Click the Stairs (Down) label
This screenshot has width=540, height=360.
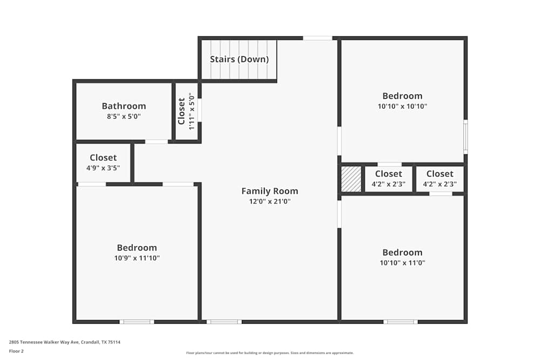tap(239, 59)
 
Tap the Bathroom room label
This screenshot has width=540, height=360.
tap(124, 106)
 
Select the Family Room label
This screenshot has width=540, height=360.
tap(269, 191)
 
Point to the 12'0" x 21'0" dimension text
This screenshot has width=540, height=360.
tap(269, 202)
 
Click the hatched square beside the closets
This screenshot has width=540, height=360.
tap(351, 179)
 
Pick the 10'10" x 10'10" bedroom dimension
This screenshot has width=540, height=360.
tap(402, 107)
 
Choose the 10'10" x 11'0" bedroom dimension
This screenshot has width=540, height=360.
tap(402, 263)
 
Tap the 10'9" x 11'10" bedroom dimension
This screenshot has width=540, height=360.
tap(137, 259)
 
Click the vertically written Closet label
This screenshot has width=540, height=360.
tap(182, 111)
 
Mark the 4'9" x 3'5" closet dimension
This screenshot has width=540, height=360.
tap(103, 168)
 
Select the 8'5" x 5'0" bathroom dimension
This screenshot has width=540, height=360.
tap(124, 117)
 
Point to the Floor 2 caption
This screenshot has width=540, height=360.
tap(16, 351)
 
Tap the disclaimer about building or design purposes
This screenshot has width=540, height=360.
tap(270, 353)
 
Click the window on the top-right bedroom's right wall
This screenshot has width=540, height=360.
tap(465, 137)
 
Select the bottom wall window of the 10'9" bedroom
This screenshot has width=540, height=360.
tap(137, 322)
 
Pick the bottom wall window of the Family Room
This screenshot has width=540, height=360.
tap(224, 322)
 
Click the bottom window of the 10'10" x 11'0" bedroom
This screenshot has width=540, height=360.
tap(400, 322)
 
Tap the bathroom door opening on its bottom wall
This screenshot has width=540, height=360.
tap(157, 142)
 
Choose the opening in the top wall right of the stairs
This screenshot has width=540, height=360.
tap(318, 38)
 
